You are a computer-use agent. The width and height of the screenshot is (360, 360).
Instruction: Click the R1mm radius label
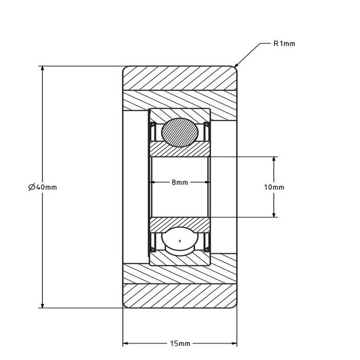284,44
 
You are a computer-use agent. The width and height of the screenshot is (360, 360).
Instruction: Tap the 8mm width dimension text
179,183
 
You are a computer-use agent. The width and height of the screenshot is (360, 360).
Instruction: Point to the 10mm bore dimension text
274,187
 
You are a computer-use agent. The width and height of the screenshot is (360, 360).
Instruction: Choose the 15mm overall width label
179,343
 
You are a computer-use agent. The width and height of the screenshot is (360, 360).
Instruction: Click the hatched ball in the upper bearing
179,133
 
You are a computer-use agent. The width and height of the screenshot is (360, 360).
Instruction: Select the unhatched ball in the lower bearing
179,241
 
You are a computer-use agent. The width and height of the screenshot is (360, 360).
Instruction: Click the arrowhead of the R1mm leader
237,66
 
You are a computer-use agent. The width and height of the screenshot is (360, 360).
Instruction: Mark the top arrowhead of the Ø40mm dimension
42,69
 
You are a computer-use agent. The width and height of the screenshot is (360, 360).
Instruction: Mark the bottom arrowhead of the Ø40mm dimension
42,305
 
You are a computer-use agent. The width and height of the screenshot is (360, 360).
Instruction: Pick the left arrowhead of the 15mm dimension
125,343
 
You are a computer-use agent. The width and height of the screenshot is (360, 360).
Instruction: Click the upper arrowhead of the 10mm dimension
274,159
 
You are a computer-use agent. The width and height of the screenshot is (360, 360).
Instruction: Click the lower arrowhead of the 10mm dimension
274,214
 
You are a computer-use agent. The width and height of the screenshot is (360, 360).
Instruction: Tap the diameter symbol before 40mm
32,187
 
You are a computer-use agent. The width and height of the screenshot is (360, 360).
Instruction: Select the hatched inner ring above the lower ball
179,223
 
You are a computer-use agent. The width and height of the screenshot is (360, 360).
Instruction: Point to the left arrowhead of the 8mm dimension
152,183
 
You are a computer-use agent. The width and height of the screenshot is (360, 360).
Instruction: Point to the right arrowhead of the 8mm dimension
207,183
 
